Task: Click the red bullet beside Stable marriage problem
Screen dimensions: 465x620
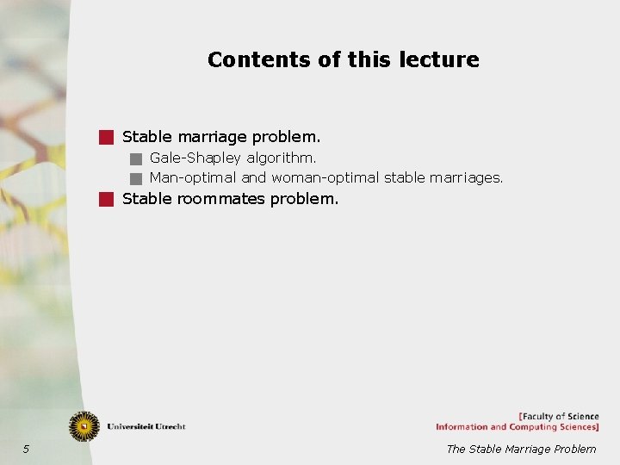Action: pyautogui.click(x=106, y=136)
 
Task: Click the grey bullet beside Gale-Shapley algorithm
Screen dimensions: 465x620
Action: pyautogui.click(x=135, y=158)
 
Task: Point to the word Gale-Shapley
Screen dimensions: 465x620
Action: pyautogui.click(x=195, y=158)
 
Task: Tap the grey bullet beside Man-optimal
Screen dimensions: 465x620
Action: pyautogui.click(x=135, y=179)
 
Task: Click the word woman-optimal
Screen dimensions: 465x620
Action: pyautogui.click(x=325, y=178)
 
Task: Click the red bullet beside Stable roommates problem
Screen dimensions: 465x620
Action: pyautogui.click(x=106, y=199)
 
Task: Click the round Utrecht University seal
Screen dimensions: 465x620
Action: pyautogui.click(x=84, y=425)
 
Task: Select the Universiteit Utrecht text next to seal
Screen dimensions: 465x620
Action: pyautogui.click(x=146, y=426)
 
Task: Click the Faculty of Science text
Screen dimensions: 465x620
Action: pyautogui.click(x=559, y=417)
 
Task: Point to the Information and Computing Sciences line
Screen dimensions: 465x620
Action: pyautogui.click(x=517, y=427)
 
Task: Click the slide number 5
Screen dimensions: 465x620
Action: pyautogui.click(x=26, y=449)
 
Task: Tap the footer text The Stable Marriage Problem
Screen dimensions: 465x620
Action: pyautogui.click(x=520, y=449)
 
